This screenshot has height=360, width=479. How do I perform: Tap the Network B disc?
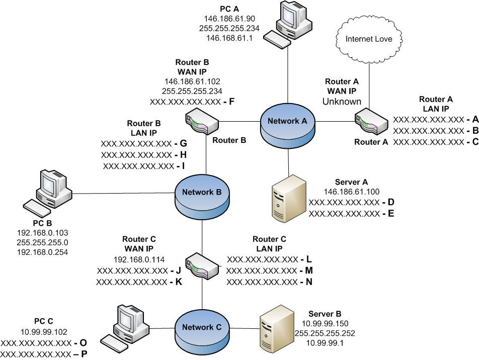click(202, 192)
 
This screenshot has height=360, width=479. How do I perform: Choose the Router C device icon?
click(202, 264)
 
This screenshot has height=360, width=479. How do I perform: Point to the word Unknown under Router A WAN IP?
click(342, 102)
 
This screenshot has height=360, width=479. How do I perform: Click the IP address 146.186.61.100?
click(351, 192)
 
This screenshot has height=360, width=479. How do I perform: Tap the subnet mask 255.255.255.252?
click(328, 333)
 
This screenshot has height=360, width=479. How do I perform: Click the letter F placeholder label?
click(231, 101)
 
